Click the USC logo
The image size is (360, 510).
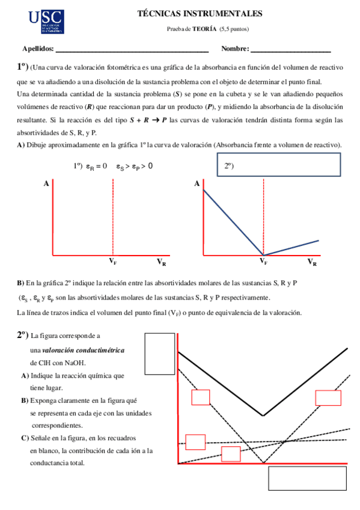point(47,22)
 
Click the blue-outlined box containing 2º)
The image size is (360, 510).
point(278,165)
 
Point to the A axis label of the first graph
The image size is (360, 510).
point(46,185)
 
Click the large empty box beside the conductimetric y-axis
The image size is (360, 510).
point(159,354)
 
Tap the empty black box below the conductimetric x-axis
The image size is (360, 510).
point(307,479)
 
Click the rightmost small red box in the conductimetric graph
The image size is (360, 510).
point(328,398)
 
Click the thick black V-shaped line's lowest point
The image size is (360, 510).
point(263,415)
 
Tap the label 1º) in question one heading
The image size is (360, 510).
point(22,68)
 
